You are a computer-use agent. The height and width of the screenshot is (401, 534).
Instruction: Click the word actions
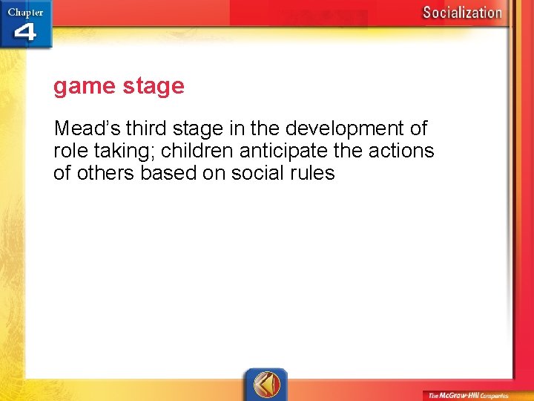(405, 151)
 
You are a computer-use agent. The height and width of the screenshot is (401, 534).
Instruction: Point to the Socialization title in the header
(462, 12)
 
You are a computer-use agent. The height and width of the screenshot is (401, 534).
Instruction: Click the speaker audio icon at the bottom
(266, 384)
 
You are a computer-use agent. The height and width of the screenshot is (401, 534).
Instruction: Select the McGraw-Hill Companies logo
(467, 394)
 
